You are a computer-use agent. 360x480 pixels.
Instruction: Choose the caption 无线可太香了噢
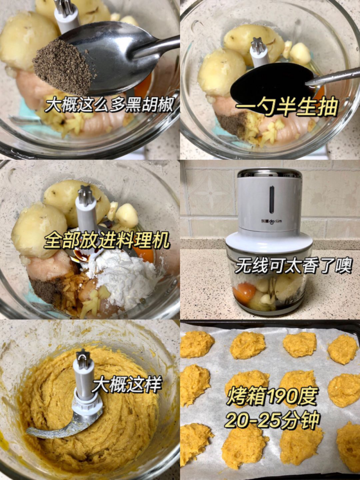click(x=293, y=266)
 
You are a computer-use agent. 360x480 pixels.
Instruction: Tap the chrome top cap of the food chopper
click(x=269, y=173)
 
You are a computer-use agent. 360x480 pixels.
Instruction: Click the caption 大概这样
click(x=127, y=384)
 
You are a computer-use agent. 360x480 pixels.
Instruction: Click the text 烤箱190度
click(x=273, y=397)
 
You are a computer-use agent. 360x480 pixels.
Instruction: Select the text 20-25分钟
click(x=272, y=420)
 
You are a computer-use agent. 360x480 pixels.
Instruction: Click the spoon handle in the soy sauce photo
click(x=335, y=77)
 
